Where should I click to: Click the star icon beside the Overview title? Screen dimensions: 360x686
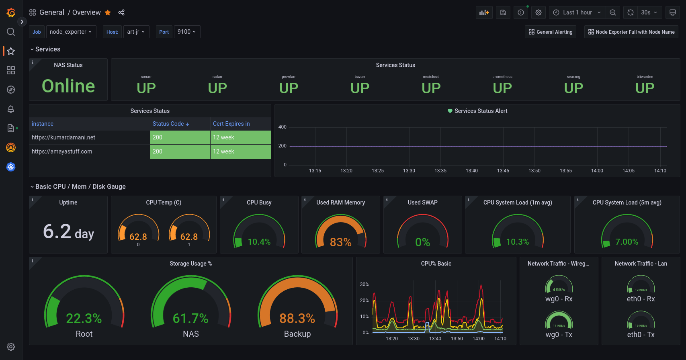(x=108, y=12)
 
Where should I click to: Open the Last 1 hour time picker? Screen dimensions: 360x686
(x=577, y=12)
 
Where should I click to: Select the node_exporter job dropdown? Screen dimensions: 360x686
(x=71, y=32)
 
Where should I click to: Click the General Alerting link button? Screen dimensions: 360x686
(x=551, y=32)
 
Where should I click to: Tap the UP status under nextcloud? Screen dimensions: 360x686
(x=431, y=88)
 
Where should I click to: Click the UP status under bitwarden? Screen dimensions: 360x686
(x=645, y=88)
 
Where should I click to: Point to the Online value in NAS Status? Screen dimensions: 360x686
(x=68, y=86)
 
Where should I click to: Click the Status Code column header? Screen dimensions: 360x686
(x=170, y=124)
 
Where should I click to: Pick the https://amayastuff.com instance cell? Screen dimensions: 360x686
(x=62, y=151)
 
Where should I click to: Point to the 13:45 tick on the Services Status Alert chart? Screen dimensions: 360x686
(x=503, y=171)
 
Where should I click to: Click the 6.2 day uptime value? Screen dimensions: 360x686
(x=68, y=232)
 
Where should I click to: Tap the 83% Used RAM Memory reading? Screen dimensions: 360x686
(x=340, y=242)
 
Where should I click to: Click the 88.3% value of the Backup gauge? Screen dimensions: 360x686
(x=297, y=318)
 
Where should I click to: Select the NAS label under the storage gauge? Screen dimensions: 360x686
(x=190, y=334)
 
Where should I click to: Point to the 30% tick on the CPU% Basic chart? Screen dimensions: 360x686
(x=364, y=284)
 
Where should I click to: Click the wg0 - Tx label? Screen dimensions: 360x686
(x=559, y=335)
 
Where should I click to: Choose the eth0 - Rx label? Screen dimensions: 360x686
(x=641, y=299)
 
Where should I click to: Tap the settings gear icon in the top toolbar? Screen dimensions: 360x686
(x=539, y=12)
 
